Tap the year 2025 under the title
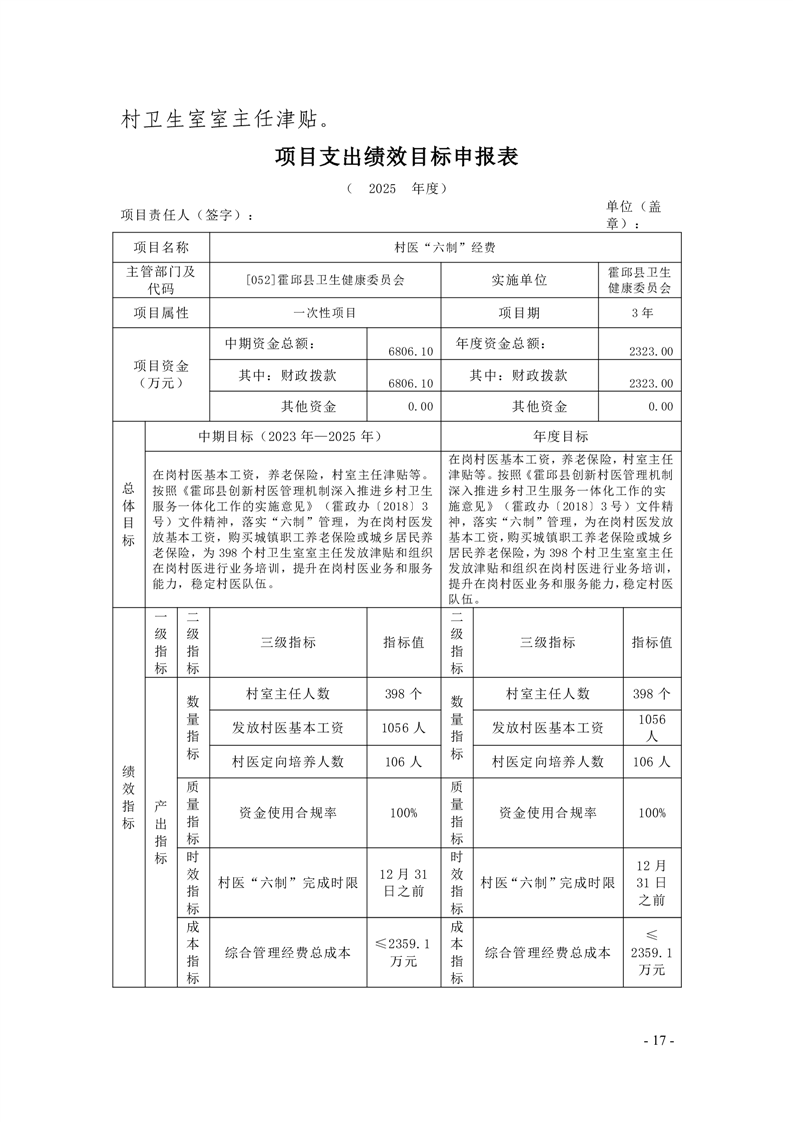coord(382,188)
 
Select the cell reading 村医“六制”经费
coord(446,247)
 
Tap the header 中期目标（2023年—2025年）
coord(290,436)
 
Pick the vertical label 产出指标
coord(161,832)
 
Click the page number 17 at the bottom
coord(659,1041)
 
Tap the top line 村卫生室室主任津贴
coord(225,121)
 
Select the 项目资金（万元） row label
coord(161,374)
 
